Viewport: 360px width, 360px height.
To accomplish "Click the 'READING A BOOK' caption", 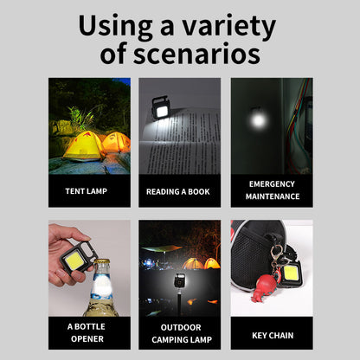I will (179, 190).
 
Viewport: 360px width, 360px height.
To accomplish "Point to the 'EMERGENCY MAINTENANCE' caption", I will (272, 190).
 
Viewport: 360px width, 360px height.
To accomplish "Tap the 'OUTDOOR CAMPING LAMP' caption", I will (179, 333).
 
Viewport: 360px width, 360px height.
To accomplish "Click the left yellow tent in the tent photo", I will (82, 146).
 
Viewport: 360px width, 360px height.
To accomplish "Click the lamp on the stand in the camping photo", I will (180, 282).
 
